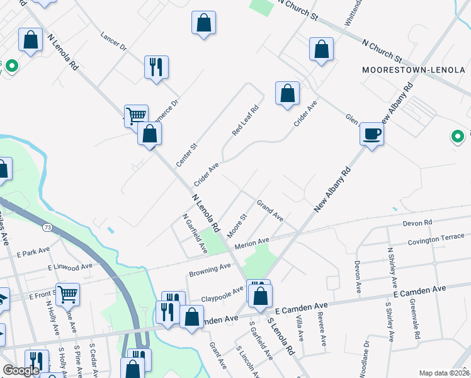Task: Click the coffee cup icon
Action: (372, 134)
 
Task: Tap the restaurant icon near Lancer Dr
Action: (156, 67)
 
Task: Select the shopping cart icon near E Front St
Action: (68, 294)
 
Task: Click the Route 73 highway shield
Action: (47, 226)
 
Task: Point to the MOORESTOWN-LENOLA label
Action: (414, 69)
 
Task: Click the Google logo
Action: (21, 370)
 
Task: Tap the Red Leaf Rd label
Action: (246, 120)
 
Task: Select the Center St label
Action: (187, 155)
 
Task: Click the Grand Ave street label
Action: (270, 210)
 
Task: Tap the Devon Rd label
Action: (419, 223)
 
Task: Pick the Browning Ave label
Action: (210, 271)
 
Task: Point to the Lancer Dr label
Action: (114, 40)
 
